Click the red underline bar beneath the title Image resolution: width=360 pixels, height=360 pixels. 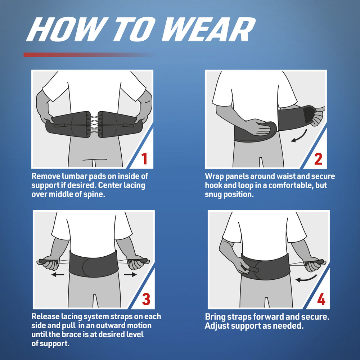89,55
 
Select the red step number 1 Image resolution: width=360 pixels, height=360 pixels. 144,159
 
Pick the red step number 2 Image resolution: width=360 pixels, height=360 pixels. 318,159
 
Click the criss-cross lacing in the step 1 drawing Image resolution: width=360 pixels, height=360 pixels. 94,124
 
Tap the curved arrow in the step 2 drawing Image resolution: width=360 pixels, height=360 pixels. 300,136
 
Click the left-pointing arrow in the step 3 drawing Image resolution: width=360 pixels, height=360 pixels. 58,274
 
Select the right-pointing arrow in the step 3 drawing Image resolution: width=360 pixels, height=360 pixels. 130,274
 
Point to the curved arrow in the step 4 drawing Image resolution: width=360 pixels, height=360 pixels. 306,278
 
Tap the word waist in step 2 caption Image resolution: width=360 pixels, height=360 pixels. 284,176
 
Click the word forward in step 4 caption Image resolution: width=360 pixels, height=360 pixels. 269,317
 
